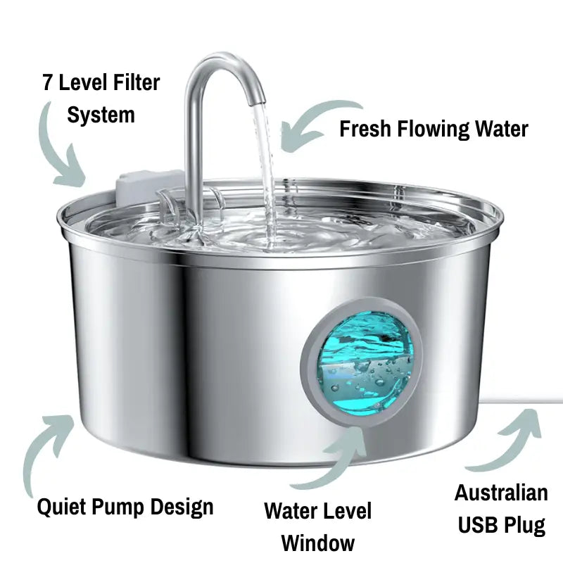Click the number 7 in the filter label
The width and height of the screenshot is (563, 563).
46,84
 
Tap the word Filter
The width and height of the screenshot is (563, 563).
134,84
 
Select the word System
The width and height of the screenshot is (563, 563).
101,114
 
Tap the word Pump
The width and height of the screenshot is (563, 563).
124,506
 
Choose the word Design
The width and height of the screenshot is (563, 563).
184,506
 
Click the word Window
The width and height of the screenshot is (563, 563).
318,543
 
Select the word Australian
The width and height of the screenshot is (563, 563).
500,493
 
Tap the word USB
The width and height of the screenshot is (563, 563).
481,525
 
